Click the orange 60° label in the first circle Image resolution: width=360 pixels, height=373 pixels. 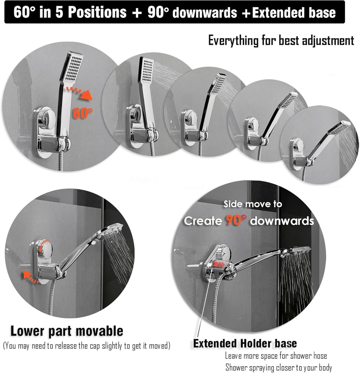point(83,113)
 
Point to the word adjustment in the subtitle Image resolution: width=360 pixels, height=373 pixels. point(330,40)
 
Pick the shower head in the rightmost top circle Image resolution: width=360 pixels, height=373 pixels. point(339,127)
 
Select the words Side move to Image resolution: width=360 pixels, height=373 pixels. point(253,204)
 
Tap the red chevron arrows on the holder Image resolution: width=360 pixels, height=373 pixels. point(219,264)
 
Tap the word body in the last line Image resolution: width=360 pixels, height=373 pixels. point(324,368)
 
